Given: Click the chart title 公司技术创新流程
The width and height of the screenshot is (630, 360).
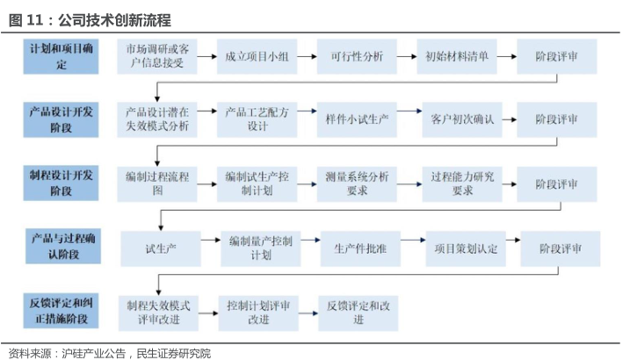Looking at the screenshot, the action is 115,20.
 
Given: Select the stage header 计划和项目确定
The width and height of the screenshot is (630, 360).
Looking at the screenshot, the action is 61,56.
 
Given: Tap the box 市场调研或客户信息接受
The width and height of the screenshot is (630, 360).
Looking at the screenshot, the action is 157,56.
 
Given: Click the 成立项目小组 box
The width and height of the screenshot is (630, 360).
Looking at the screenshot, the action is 257,56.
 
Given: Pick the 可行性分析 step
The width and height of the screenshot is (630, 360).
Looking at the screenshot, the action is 357,56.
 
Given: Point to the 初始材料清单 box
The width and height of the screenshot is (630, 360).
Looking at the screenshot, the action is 457,56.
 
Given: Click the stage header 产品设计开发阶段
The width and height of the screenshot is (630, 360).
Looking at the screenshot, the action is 61,120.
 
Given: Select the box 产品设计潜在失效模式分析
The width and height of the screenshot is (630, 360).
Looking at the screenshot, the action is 157,120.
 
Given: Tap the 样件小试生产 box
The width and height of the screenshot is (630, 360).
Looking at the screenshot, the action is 357,120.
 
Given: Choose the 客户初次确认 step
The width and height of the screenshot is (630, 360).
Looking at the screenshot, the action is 462,120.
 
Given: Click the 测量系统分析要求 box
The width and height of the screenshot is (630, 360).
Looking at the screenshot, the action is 357,184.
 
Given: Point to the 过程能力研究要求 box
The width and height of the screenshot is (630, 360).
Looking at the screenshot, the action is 462,184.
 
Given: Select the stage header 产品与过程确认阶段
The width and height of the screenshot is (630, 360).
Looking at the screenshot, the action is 63,247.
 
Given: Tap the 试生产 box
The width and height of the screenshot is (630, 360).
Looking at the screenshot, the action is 161,248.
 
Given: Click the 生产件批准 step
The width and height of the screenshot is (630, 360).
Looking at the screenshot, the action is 360,248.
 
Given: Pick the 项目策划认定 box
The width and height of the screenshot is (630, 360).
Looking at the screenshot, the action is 466,248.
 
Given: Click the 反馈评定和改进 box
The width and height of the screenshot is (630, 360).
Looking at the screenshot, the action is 358,313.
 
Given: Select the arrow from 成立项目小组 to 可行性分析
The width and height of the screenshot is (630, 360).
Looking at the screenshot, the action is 307,56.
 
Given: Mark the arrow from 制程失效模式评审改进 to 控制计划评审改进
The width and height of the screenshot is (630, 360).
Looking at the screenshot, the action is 208,313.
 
